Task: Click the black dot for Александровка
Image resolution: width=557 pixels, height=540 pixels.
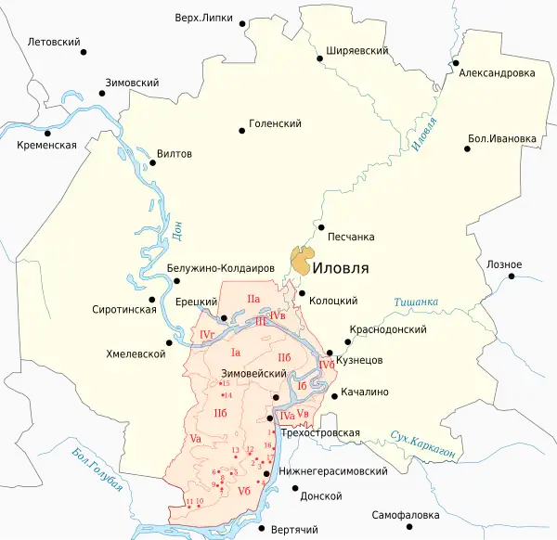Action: (x=456, y=64)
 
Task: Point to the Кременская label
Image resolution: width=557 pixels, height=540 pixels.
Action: (x=46, y=146)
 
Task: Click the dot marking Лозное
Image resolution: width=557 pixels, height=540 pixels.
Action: (x=512, y=277)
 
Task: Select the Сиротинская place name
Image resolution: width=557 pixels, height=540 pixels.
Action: (x=124, y=309)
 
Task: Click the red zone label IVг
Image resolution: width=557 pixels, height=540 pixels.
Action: (x=207, y=334)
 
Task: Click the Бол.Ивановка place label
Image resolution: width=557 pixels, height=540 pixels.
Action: (x=502, y=139)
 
